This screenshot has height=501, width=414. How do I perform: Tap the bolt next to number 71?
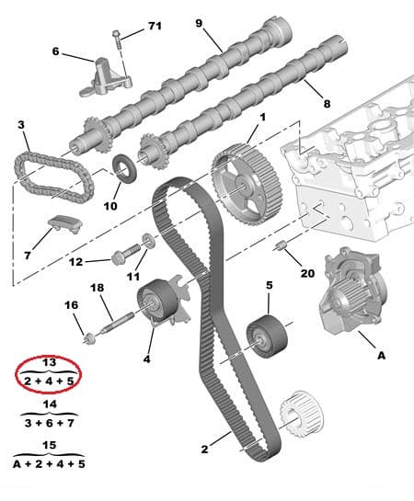point(118,40)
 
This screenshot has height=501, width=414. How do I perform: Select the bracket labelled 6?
point(103,74)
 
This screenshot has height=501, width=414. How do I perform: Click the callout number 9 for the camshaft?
point(197,23)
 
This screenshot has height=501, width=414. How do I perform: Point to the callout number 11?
point(133,277)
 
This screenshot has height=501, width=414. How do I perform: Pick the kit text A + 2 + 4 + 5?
point(51,465)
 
